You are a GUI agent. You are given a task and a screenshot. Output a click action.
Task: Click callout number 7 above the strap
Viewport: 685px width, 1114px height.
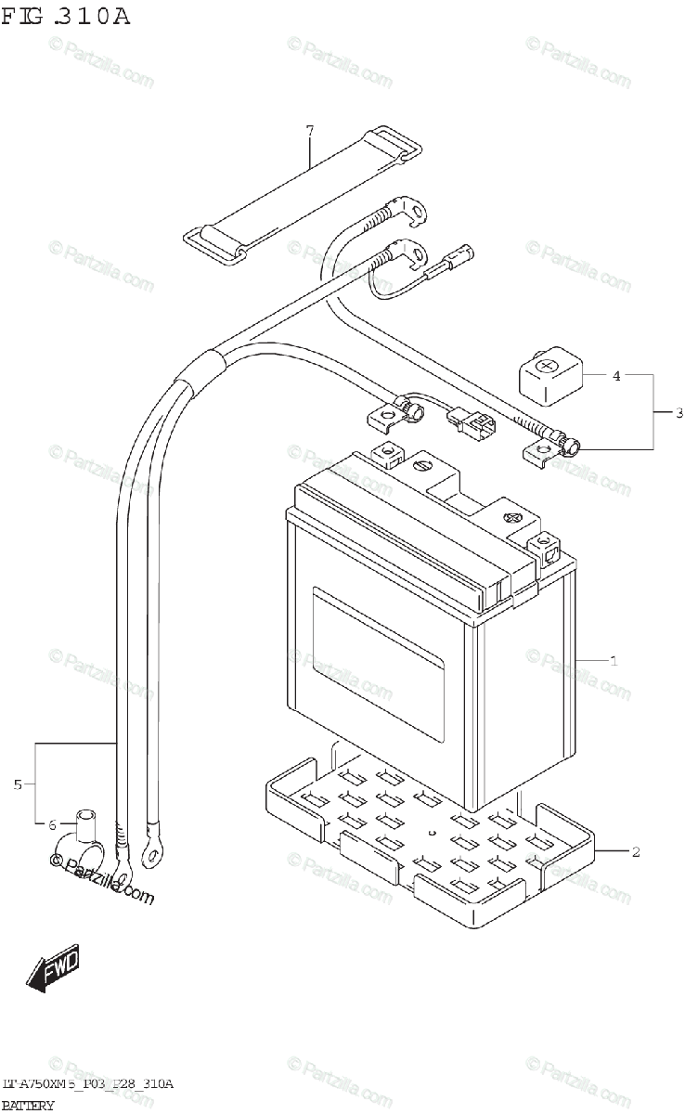pyautogui.click(x=311, y=129)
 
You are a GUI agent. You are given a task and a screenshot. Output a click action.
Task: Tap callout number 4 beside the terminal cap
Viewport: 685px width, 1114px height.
pyautogui.click(x=616, y=376)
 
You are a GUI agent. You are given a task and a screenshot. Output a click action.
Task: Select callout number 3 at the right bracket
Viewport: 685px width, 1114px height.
pyautogui.click(x=679, y=412)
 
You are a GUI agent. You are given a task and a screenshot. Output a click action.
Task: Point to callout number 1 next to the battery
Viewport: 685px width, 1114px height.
pyautogui.click(x=614, y=661)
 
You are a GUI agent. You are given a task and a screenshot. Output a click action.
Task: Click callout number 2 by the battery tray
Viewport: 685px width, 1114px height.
pyautogui.click(x=635, y=851)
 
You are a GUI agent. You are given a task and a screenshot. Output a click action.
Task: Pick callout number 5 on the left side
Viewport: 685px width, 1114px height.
pyautogui.click(x=18, y=784)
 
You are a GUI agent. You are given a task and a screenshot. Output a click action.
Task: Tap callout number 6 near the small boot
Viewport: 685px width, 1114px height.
pyautogui.click(x=52, y=823)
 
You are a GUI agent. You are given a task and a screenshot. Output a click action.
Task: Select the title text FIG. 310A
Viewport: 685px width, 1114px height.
pyautogui.click(x=65, y=16)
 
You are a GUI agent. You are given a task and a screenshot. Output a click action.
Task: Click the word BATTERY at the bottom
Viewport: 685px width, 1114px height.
pyautogui.click(x=28, y=1105)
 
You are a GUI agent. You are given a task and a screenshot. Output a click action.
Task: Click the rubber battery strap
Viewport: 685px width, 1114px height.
pyautogui.click(x=303, y=195)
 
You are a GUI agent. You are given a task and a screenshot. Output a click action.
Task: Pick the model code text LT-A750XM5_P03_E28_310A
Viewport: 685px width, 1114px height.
pyautogui.click(x=87, y=1084)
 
